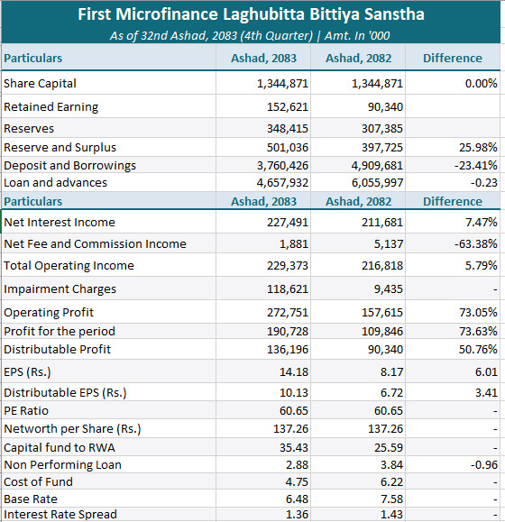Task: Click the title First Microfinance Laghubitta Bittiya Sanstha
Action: [251, 14]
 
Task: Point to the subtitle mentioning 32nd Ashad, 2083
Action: [250, 36]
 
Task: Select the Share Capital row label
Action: [40, 83]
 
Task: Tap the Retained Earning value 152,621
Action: [288, 107]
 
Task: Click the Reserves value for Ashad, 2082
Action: [382, 129]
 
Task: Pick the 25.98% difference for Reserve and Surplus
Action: [478, 147]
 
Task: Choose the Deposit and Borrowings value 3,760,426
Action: [282, 166]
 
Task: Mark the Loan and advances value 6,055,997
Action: [377, 182]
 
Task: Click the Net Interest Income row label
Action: [60, 222]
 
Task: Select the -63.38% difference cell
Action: [476, 243]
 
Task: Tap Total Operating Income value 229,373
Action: [288, 265]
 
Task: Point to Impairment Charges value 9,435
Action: [388, 288]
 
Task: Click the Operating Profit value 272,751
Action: [288, 312]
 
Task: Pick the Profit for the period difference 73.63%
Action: [478, 331]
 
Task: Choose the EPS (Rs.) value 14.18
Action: [294, 371]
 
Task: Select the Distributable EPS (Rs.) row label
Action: [65, 393]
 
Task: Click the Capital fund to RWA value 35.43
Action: [294, 447]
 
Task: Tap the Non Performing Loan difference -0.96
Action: [484, 464]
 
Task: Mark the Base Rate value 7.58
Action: [391, 499]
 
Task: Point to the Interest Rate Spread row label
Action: [60, 515]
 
